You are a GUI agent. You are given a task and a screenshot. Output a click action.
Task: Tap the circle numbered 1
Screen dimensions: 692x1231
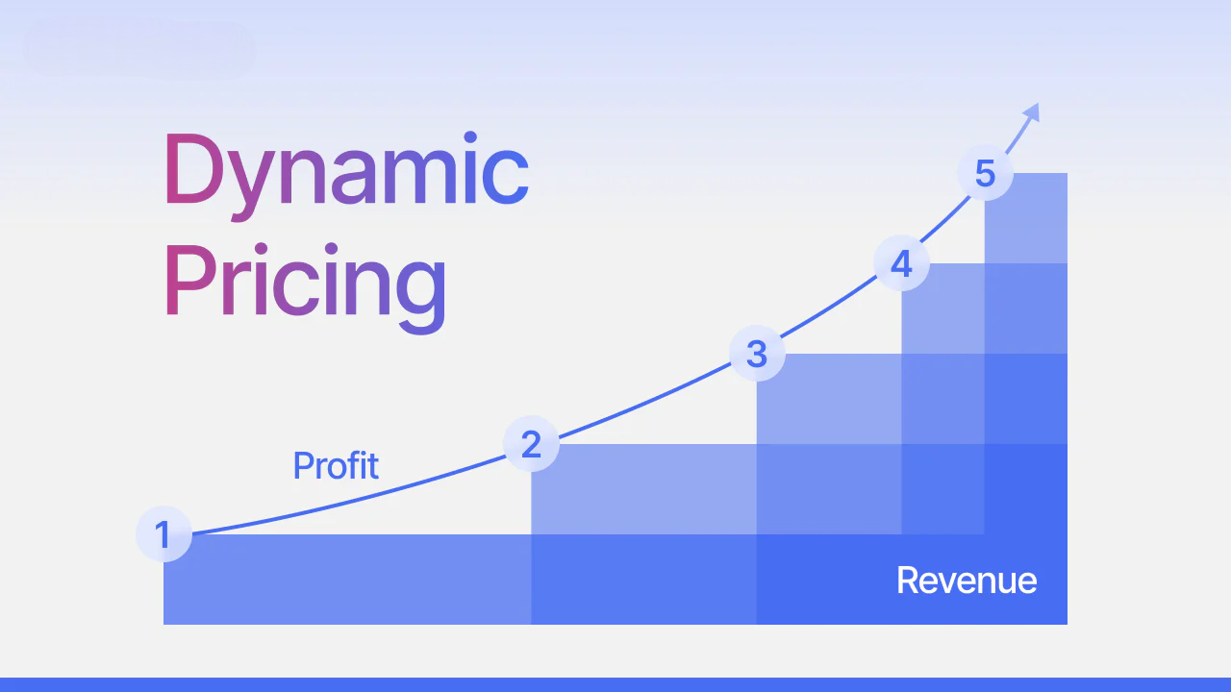(x=163, y=534)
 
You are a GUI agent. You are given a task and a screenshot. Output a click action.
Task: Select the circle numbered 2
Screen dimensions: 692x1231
(x=531, y=444)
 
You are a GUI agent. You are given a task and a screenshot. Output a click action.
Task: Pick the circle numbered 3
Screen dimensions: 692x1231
(x=757, y=353)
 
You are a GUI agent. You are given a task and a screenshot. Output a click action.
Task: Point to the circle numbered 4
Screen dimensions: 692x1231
(x=901, y=263)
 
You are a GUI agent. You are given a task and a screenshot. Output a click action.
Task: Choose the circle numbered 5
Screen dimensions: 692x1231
(x=985, y=174)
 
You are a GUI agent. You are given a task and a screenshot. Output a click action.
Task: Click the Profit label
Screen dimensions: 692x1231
(x=336, y=466)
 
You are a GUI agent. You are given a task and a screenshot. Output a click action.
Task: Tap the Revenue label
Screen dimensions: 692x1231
(x=967, y=581)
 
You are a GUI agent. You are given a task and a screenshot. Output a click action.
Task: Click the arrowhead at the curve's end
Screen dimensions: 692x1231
(x=1032, y=111)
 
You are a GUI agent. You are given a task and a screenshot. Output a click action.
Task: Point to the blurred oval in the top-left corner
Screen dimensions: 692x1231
(x=139, y=49)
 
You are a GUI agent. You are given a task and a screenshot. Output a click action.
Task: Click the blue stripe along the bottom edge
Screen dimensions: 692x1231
(x=615, y=684)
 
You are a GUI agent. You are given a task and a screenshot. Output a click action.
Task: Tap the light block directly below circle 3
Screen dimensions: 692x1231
(x=829, y=399)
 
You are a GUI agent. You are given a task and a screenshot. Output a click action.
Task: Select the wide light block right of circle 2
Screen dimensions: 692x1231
(x=644, y=489)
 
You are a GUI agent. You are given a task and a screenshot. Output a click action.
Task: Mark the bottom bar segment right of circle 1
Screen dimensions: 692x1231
(x=346, y=580)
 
